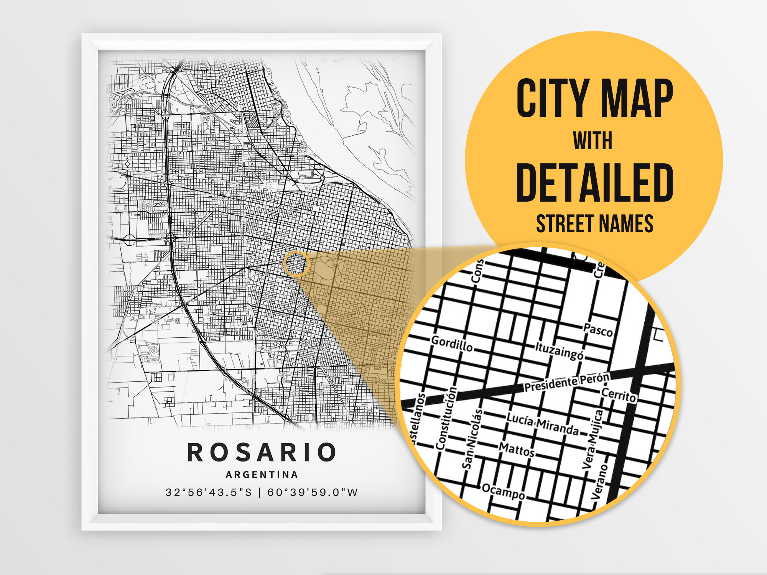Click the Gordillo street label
(452, 343)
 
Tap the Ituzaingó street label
(560, 351)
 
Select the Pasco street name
(598, 330)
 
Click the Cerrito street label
(619, 395)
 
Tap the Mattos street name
(517, 449)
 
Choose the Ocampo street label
(503, 491)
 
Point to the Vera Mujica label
(593, 439)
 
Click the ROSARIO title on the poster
(262, 452)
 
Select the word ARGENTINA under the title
(262, 475)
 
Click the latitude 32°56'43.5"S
(209, 492)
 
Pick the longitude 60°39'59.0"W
(313, 492)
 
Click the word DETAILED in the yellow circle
(594, 183)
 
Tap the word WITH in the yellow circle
(593, 141)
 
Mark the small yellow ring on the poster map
(296, 264)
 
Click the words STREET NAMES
(594, 224)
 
